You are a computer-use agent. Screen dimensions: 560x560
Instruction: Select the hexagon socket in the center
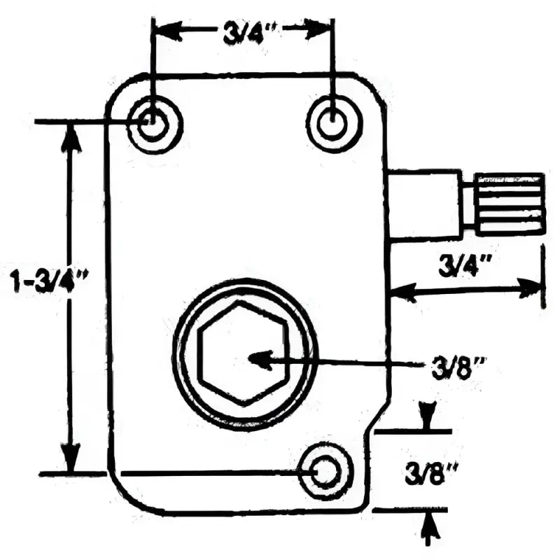[x=243, y=353]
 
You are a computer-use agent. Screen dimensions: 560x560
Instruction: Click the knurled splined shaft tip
[x=510, y=204]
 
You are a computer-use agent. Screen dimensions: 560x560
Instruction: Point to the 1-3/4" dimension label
[x=49, y=281]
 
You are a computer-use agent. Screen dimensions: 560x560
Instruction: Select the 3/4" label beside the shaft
[x=463, y=266]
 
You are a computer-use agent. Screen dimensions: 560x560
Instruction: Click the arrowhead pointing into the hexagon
[x=260, y=360]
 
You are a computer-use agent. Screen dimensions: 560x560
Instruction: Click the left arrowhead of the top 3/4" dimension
[x=169, y=32]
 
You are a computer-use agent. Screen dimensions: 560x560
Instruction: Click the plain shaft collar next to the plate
[x=423, y=204]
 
